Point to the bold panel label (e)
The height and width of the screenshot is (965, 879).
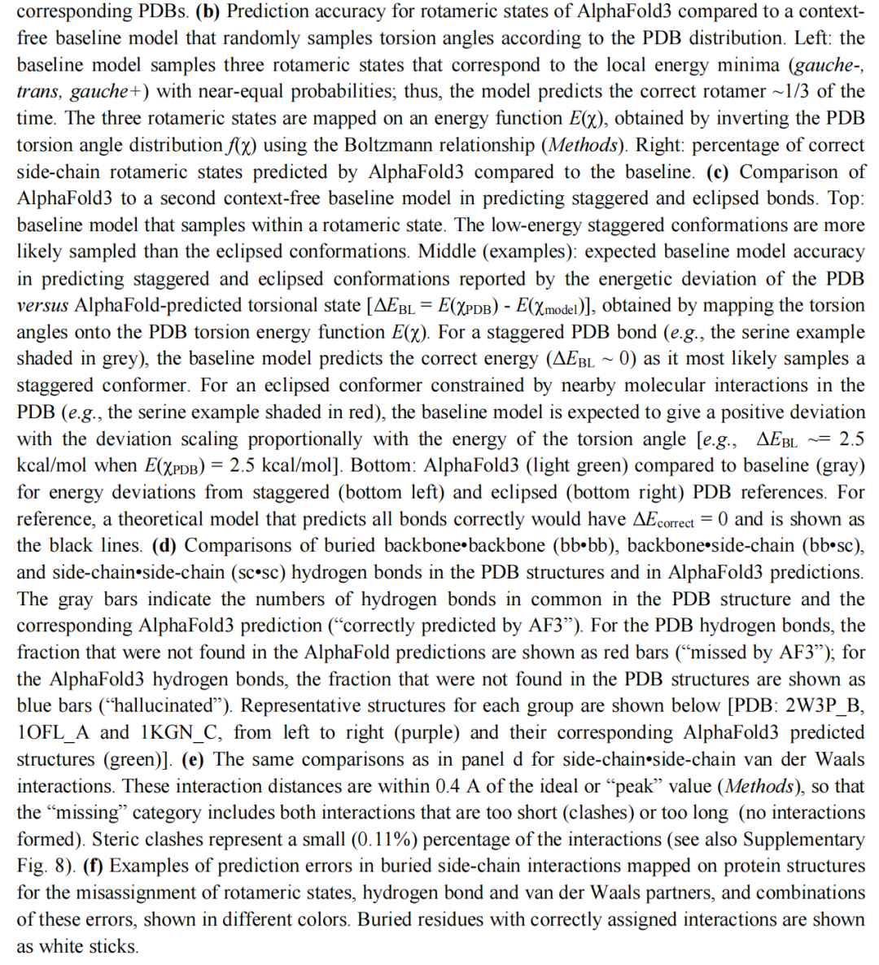195,759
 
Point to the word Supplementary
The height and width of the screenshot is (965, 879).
803,839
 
